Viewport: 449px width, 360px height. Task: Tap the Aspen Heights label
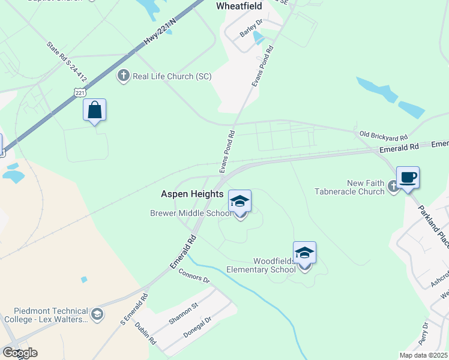point(192,194)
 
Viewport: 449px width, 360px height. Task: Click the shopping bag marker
point(94,110)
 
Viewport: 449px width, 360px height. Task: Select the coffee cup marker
point(408,178)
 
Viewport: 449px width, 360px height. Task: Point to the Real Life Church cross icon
point(124,76)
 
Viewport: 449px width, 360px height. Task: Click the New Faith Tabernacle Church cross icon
point(393,187)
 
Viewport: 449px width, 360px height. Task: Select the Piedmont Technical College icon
point(97,314)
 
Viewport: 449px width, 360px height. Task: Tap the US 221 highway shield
point(80,91)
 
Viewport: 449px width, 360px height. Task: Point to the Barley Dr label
point(251,28)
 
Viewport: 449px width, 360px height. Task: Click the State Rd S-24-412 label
point(67,61)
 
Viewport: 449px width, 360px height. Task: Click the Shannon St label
point(183,314)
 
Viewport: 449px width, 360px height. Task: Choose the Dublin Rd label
point(145,333)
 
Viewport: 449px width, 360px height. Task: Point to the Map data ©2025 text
point(423,355)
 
